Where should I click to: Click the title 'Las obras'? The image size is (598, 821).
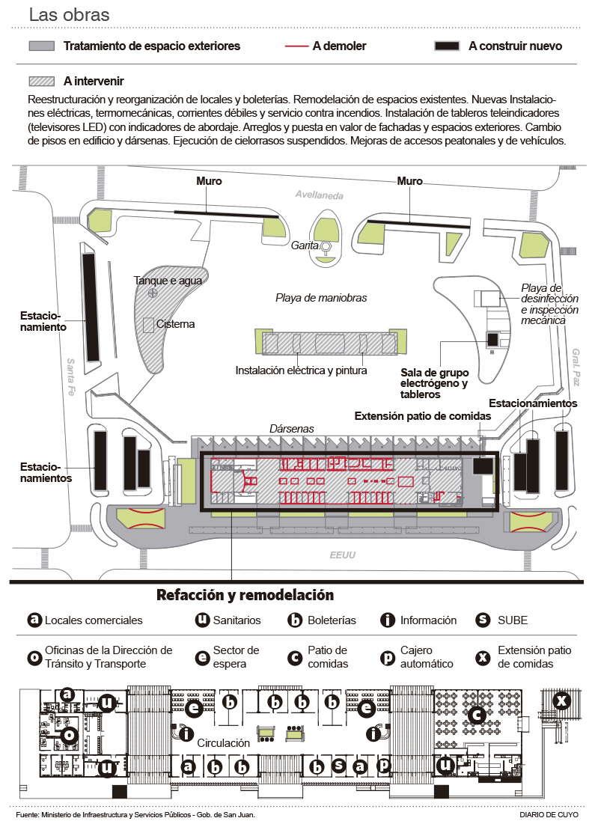click(69, 14)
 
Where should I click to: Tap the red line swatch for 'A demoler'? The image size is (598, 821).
click(297, 46)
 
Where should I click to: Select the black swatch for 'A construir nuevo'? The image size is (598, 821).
click(447, 46)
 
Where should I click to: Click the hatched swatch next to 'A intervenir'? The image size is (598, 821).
click(41, 81)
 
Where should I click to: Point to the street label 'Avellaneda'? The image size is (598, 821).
click(318, 195)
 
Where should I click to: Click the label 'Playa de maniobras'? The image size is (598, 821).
click(321, 297)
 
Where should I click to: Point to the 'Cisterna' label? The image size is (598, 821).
click(175, 324)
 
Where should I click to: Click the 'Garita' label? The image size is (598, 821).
click(305, 245)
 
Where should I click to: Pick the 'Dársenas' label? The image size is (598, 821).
click(291, 428)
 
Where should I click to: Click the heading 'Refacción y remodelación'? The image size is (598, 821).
click(245, 596)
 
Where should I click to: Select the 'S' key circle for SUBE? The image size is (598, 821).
click(483, 620)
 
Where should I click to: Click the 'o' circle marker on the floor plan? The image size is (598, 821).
click(70, 736)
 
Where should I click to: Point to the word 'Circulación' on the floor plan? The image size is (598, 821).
click(223, 744)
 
